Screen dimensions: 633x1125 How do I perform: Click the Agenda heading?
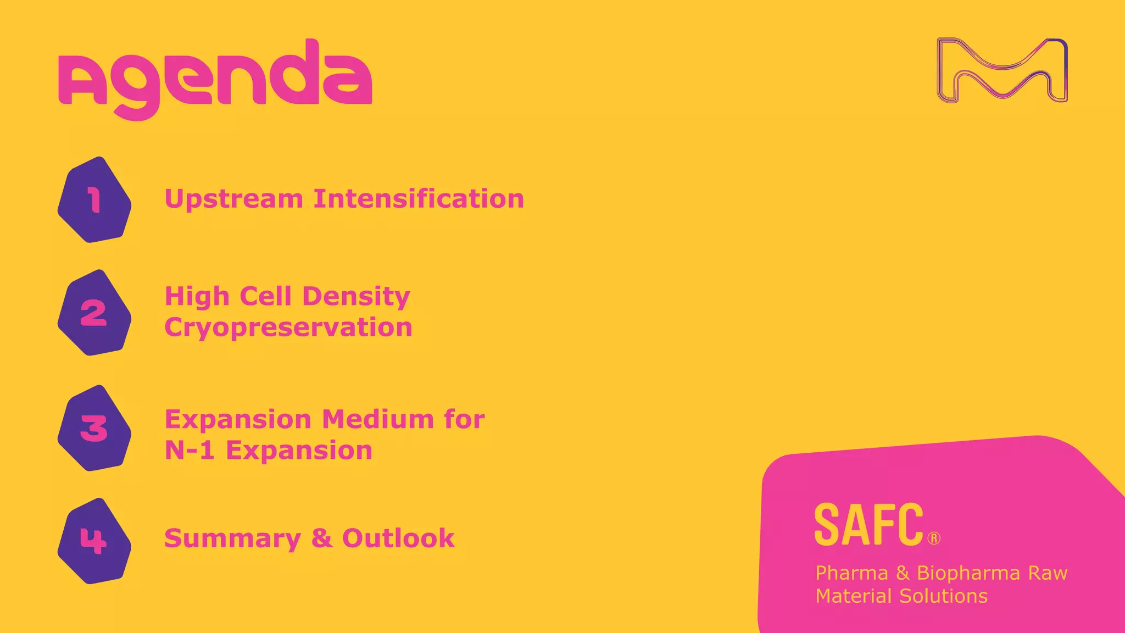(215, 77)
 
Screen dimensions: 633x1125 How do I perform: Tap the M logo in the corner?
(1002, 70)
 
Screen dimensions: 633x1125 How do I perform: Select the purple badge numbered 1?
(94, 200)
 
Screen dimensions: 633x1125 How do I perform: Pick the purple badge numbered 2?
(94, 313)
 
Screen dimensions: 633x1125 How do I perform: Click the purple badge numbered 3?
(94, 428)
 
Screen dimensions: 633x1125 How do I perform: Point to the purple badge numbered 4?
(94, 541)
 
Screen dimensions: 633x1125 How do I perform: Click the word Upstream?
(233, 199)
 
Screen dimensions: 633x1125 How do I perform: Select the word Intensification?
(419, 199)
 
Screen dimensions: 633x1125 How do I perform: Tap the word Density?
(356, 296)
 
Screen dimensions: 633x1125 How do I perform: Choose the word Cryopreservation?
(288, 327)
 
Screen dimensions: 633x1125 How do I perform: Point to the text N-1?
(189, 451)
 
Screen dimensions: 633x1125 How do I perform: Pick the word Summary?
(232, 538)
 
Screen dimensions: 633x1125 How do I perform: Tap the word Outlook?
(398, 538)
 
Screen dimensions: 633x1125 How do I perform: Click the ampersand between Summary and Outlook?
(322, 538)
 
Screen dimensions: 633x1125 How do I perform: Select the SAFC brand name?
(868, 525)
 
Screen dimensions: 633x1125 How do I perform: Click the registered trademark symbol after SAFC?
(934, 538)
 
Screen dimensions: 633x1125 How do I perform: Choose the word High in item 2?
(197, 297)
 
